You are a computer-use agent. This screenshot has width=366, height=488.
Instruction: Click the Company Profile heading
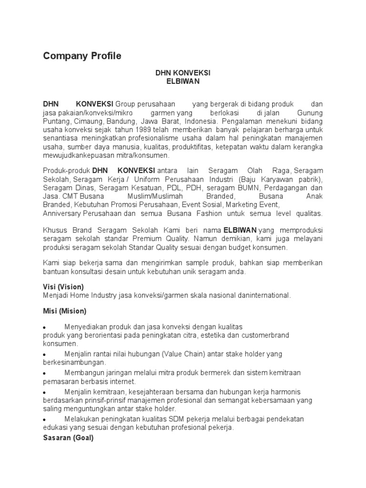pyautogui.click(x=82, y=56)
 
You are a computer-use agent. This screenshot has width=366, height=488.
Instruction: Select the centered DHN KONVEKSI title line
pyautogui.click(x=183, y=73)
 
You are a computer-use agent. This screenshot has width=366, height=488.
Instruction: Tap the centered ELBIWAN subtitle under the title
pyautogui.click(x=183, y=81)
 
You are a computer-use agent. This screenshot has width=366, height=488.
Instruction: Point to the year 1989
pyautogui.click(x=144, y=130)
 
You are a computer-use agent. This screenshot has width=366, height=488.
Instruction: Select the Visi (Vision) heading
pyautogui.click(x=63, y=287)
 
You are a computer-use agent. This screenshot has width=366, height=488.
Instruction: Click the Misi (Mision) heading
pyautogui.click(x=65, y=311)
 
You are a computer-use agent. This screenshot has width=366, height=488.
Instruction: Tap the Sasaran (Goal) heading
pyautogui.click(x=68, y=438)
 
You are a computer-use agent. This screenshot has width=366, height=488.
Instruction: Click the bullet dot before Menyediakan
pyautogui.click(x=44, y=328)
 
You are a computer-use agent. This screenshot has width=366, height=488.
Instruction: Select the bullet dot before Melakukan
pyautogui.click(x=44, y=420)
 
